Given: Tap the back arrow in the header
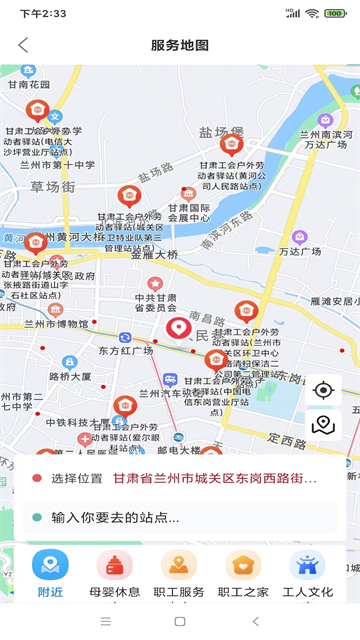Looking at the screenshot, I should click(x=23, y=45).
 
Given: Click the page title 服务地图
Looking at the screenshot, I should click(x=180, y=45).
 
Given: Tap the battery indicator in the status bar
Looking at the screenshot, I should click(x=339, y=13).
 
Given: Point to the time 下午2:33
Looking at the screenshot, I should click(x=42, y=13).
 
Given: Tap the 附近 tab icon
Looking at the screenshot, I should click(x=50, y=565).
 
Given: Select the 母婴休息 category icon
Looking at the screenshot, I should click(x=114, y=565).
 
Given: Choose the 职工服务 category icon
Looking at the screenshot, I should click(x=179, y=565).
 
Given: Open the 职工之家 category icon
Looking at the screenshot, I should click(x=243, y=565).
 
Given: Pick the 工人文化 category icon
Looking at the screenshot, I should click(x=307, y=565).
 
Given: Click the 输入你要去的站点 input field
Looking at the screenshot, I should click(x=180, y=517).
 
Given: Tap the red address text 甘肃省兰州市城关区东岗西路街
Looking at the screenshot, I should click(x=214, y=478).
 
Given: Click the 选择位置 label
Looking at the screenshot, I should click(x=77, y=478).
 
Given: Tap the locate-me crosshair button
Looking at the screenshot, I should click(x=322, y=389).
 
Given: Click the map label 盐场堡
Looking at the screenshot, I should click(x=220, y=132).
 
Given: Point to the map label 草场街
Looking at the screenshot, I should click(x=52, y=186).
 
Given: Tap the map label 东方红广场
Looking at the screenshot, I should click(x=126, y=351).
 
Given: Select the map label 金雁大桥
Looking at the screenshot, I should click(x=154, y=255).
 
